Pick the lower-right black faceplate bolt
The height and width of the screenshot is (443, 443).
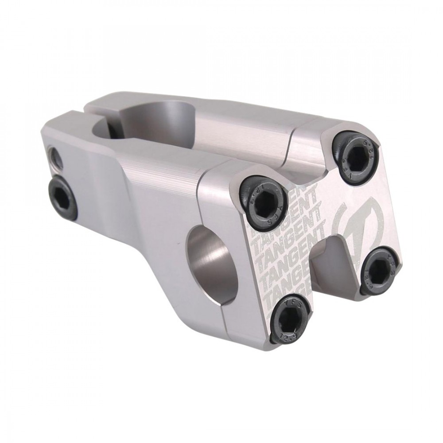379,270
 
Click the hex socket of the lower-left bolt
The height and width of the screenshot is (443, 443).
291,319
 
